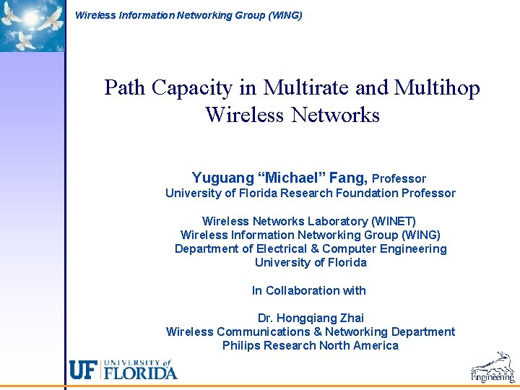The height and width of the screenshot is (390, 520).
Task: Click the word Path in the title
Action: tap(124, 88)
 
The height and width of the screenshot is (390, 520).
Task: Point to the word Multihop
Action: tap(437, 88)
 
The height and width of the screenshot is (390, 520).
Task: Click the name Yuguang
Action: tap(222, 178)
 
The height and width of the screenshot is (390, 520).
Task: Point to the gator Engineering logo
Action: tap(493, 368)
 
